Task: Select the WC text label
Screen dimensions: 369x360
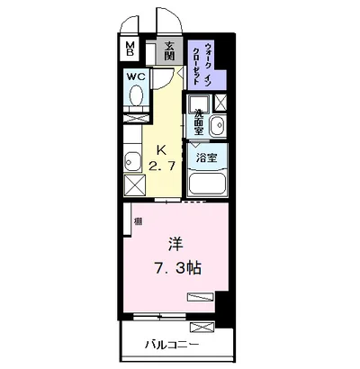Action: pos(136,77)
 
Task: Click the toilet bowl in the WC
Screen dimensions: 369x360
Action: pos(135,106)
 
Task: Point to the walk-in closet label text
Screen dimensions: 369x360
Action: pos(206,64)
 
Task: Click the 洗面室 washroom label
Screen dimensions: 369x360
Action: pos(197,120)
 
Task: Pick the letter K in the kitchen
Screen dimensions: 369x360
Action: pos(161,149)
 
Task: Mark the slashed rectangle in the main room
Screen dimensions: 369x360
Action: pos(200,296)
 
